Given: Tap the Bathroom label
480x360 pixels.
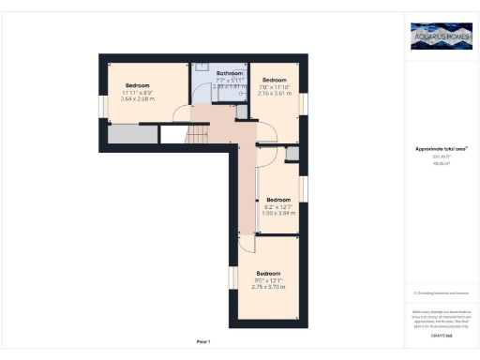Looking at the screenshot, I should pyautogui.click(x=230, y=73).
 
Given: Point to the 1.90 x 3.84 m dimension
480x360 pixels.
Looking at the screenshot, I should pyautogui.click(x=279, y=213).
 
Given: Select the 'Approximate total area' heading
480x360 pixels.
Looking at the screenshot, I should pyautogui.click(x=441, y=149).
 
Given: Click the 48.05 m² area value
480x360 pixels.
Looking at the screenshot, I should pyautogui.click(x=441, y=163).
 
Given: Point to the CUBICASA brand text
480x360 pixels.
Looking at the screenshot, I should pyautogui.click(x=441, y=335).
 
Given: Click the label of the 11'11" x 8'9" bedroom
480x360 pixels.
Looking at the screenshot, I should pyautogui.click(x=138, y=85).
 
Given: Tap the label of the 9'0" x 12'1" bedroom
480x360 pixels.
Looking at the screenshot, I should pyautogui.click(x=269, y=273).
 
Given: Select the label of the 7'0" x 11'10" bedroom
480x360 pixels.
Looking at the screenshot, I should pyautogui.click(x=276, y=80).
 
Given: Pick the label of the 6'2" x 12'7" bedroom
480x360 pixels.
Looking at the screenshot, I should pyautogui.click(x=279, y=199).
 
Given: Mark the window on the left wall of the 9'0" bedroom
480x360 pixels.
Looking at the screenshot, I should pyautogui.click(x=232, y=278).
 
